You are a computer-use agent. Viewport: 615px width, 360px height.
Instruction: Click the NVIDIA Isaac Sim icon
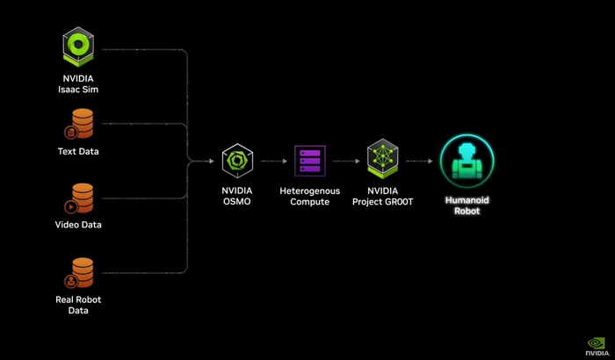78,47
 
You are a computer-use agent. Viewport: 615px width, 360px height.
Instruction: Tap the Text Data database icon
81,124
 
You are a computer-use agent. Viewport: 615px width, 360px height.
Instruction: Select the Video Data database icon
81,198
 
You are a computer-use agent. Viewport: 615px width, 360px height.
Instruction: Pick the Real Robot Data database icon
81,273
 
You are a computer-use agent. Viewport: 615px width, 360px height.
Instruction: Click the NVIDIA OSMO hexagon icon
237,161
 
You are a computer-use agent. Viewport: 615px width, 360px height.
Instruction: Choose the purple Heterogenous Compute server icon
309,162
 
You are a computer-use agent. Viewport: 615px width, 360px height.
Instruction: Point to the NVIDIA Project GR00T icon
382,160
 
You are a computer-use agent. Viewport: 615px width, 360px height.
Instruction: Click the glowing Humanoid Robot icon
467,162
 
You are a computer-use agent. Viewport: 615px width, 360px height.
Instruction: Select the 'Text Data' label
78,151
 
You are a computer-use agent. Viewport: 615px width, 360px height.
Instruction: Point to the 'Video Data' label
78,225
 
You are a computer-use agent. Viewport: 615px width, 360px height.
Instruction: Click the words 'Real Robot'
78,300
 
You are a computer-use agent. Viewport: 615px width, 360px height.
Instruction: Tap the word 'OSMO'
237,202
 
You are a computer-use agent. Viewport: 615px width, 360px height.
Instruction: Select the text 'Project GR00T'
382,202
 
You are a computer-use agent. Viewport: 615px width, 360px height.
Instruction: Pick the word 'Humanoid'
467,200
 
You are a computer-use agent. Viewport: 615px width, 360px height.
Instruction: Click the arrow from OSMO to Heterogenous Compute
274,162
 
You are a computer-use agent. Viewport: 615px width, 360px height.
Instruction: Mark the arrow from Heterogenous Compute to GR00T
346,162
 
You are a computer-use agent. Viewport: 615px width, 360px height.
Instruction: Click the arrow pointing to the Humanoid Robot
419,162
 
